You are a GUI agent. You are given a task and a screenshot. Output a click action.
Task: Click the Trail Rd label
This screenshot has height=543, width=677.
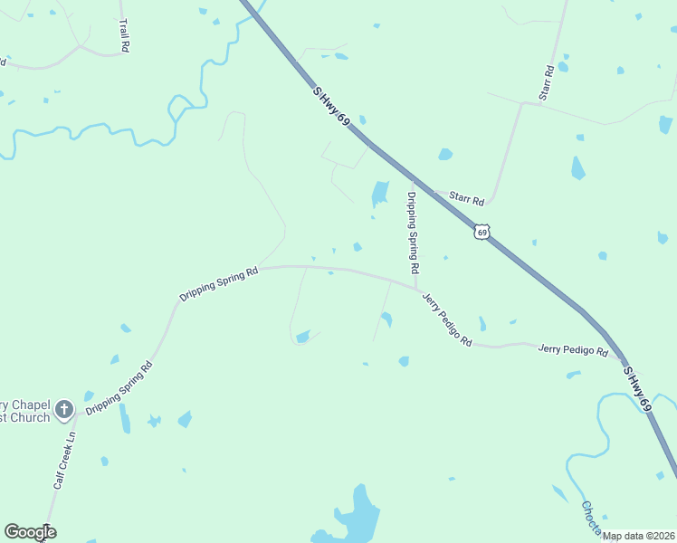124,34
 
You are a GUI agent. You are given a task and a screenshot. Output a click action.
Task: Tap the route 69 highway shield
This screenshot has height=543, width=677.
482,233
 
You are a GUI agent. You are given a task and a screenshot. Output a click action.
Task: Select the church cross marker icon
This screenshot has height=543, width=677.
63,410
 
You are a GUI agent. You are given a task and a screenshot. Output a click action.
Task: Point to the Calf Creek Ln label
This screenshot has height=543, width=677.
63,460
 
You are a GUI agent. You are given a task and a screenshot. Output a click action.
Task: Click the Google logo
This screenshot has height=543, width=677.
30,532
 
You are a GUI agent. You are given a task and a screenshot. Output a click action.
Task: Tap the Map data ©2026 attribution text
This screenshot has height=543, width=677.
639,536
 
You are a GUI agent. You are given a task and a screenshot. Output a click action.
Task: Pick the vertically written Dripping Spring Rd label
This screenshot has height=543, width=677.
412,233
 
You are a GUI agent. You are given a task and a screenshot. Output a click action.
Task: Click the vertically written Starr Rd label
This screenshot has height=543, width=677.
547,82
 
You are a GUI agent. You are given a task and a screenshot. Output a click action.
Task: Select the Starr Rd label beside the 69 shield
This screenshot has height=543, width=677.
467,200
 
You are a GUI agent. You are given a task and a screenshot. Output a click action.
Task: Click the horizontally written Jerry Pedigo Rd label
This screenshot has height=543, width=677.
573,349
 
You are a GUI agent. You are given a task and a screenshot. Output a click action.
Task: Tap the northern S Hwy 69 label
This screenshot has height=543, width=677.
332,111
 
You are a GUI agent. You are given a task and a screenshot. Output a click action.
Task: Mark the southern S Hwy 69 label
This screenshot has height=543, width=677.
636,388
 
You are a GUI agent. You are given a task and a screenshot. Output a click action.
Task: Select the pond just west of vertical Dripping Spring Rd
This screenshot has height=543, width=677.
380,193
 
